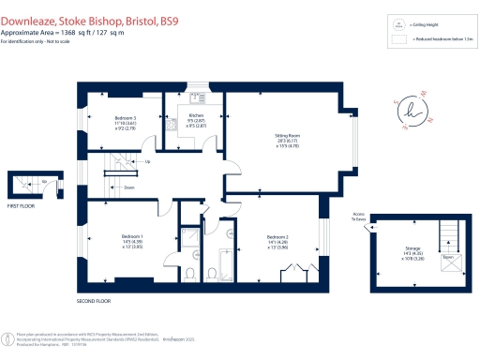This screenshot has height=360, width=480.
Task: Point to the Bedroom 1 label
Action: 132,235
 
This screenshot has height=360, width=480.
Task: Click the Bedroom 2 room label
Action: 277,235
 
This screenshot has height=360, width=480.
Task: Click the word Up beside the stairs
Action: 146,161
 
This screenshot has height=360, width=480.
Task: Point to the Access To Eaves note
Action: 359,215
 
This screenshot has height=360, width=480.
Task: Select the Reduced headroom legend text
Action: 441,39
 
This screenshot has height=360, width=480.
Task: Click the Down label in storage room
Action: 447,254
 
